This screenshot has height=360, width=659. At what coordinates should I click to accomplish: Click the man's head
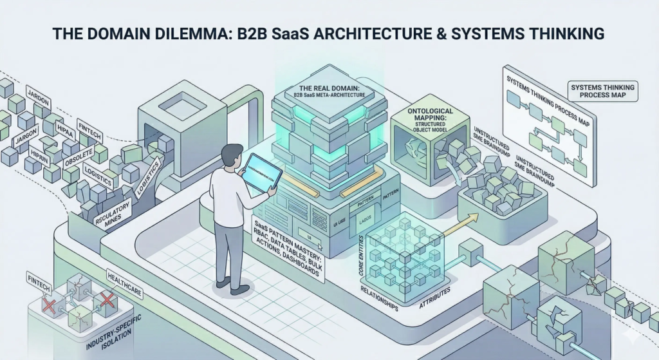tap(230, 155)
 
